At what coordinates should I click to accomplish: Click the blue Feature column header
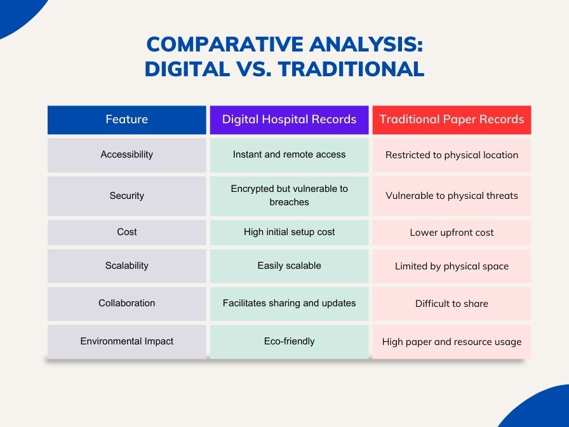point(126,120)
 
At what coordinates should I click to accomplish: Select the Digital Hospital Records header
point(289,120)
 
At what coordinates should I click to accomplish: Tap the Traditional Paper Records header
point(452,120)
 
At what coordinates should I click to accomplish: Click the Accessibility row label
point(126,154)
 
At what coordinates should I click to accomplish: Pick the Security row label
point(126,196)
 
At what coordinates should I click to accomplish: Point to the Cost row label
point(126,233)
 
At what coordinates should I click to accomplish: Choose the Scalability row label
point(126,266)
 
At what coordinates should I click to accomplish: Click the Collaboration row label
point(126,304)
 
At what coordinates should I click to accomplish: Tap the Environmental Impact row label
point(126,342)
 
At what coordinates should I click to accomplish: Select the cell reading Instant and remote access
point(289,154)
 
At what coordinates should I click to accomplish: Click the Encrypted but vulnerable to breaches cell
point(289,196)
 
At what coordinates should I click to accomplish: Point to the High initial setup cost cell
point(289,233)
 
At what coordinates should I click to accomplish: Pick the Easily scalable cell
point(289,266)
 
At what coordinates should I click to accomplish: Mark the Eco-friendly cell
point(289,342)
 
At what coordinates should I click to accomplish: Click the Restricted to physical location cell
point(452,154)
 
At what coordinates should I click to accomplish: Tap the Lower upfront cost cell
point(452,233)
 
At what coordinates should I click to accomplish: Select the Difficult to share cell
point(452,304)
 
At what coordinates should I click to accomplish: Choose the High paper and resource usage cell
point(452,342)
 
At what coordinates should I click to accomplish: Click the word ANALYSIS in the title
point(366,44)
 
